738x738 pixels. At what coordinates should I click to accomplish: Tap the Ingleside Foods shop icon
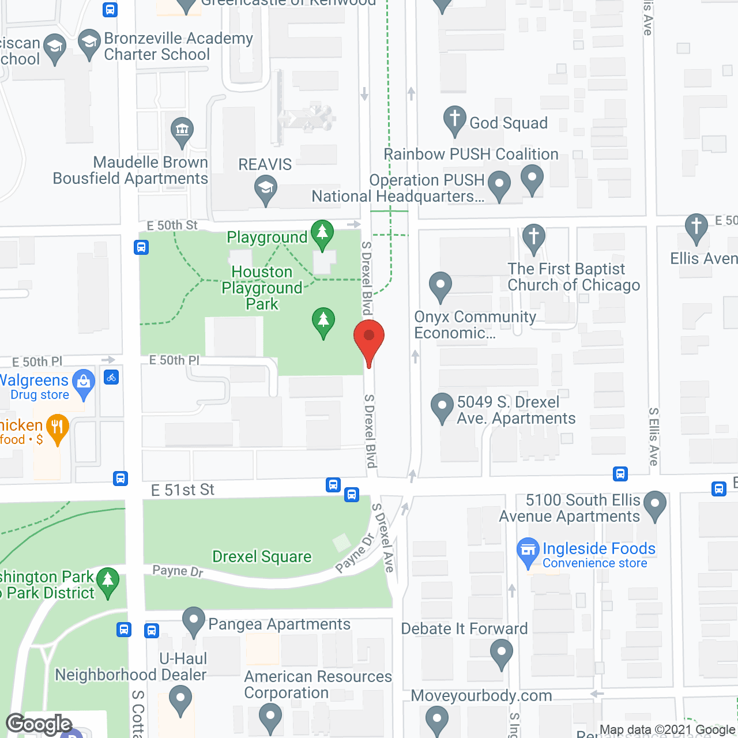[528, 550]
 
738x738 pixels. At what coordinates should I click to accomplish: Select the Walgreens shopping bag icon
[84, 382]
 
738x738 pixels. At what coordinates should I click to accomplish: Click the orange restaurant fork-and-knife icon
[57, 427]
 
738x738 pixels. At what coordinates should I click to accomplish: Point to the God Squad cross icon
[454, 119]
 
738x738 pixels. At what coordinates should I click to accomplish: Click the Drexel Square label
[262, 557]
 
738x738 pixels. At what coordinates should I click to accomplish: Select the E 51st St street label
[183, 490]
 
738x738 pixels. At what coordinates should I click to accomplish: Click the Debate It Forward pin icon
[501, 654]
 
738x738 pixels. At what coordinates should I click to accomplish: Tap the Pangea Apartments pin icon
[194, 620]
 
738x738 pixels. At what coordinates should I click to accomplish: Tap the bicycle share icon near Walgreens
[111, 378]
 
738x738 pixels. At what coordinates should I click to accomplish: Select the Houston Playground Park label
[262, 288]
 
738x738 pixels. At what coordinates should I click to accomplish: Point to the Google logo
[39, 724]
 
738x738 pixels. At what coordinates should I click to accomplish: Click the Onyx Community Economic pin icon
[440, 285]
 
